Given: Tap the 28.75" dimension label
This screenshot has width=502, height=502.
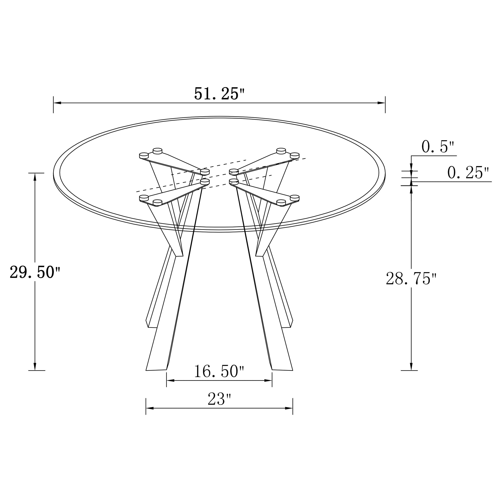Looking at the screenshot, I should point(411,279).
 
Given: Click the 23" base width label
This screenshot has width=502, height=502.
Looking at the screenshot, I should point(219,399).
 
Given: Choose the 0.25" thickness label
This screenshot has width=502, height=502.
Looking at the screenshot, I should point(468,173).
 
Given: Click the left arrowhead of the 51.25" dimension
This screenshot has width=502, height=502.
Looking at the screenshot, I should point(57,103).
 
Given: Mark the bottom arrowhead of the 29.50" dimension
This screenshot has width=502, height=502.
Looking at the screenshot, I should point(35,366).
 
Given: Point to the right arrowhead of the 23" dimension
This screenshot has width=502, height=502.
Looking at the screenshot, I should point(289,408).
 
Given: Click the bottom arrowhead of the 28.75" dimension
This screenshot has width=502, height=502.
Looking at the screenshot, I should point(411,366).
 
